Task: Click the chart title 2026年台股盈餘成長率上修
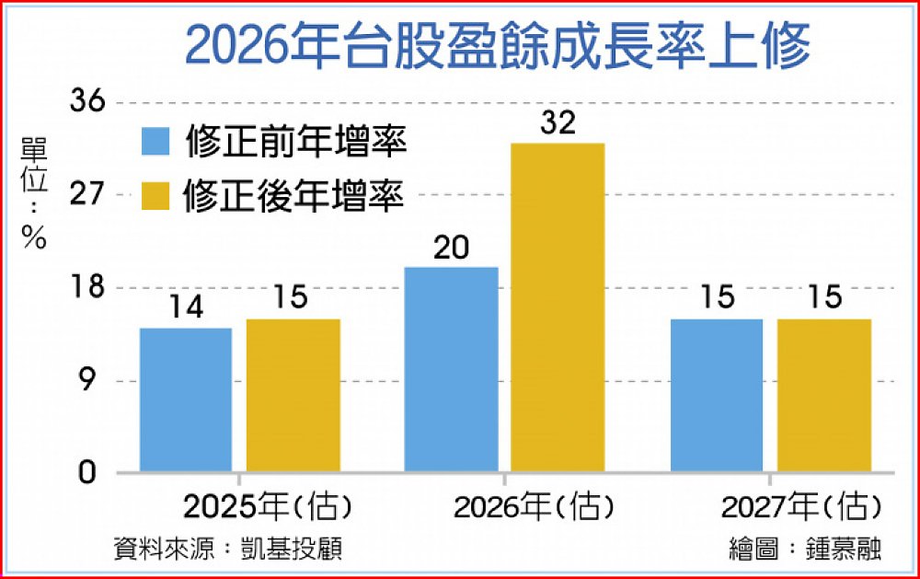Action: (497, 47)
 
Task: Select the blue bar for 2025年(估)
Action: (186, 400)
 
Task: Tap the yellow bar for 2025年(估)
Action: (293, 396)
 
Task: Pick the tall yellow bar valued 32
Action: (558, 308)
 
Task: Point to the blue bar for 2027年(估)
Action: (717, 396)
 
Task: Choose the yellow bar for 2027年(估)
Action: (823, 396)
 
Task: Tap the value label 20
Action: (452, 249)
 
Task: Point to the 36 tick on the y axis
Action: (90, 102)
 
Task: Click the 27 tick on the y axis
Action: (90, 195)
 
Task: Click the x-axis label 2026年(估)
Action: (534, 506)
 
